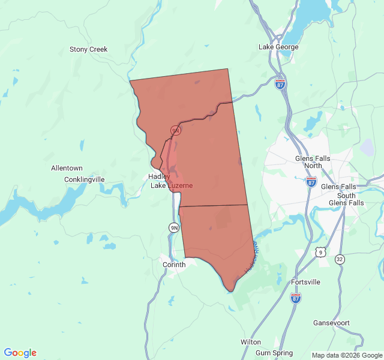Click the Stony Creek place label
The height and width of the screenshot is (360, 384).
[89, 49]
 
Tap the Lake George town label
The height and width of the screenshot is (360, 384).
[278, 47]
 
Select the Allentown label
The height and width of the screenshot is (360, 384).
[67, 168]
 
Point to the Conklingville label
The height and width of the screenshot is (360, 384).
[85, 179]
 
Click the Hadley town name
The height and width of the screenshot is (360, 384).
[159, 176]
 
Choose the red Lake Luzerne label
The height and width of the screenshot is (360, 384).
[172, 185]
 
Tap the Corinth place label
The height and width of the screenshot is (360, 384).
[175, 264]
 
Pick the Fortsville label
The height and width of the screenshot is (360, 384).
[305, 282]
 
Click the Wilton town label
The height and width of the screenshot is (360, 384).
[251, 341]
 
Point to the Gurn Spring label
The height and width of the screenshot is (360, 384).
[274, 353]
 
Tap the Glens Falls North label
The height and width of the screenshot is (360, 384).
[313, 162]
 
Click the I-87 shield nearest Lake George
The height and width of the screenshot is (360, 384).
[280, 85]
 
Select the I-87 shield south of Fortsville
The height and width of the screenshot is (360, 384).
[296, 298]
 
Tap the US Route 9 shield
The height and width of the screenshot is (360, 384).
[321, 253]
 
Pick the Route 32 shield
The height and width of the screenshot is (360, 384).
[340, 259]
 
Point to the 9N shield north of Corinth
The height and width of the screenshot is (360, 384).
[174, 227]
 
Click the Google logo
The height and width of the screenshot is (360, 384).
[20, 353]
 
